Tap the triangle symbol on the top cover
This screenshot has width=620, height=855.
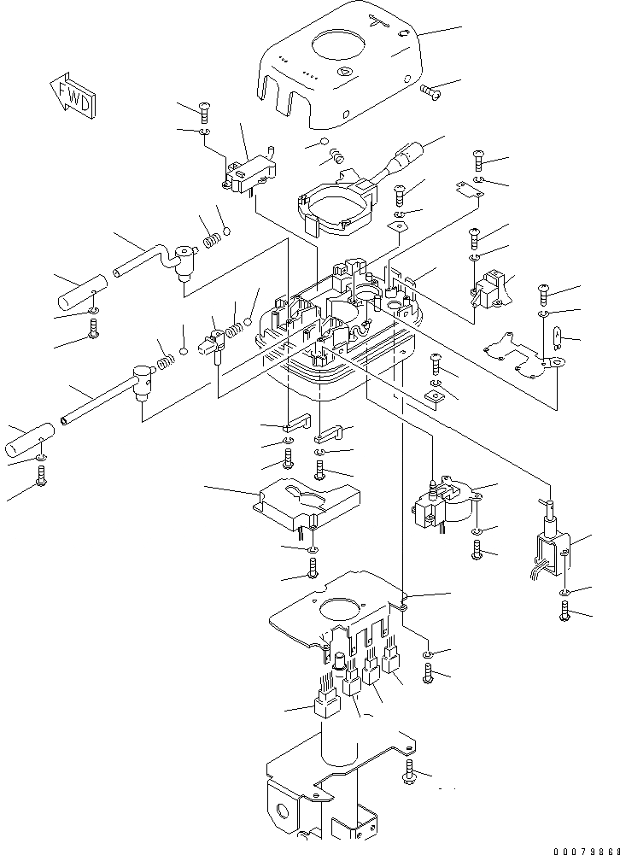point(345,72)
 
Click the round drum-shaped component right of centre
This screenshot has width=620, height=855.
point(445,506)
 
